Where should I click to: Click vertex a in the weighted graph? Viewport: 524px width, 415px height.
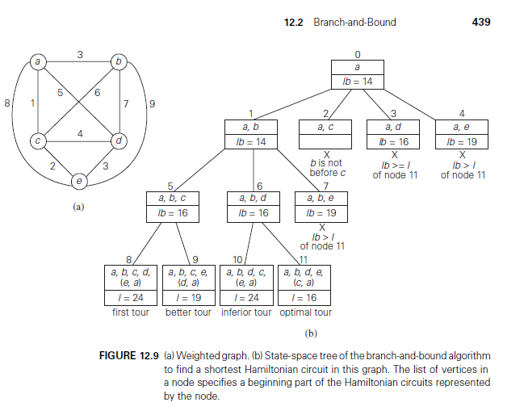[36, 61]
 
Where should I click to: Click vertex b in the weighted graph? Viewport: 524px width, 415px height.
[119, 61]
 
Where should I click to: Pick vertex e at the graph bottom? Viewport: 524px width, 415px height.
[78, 179]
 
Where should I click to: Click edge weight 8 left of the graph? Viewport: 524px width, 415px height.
[8, 103]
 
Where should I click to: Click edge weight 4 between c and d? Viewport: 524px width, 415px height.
[80, 132]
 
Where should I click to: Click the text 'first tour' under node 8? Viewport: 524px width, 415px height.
[130, 312]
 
